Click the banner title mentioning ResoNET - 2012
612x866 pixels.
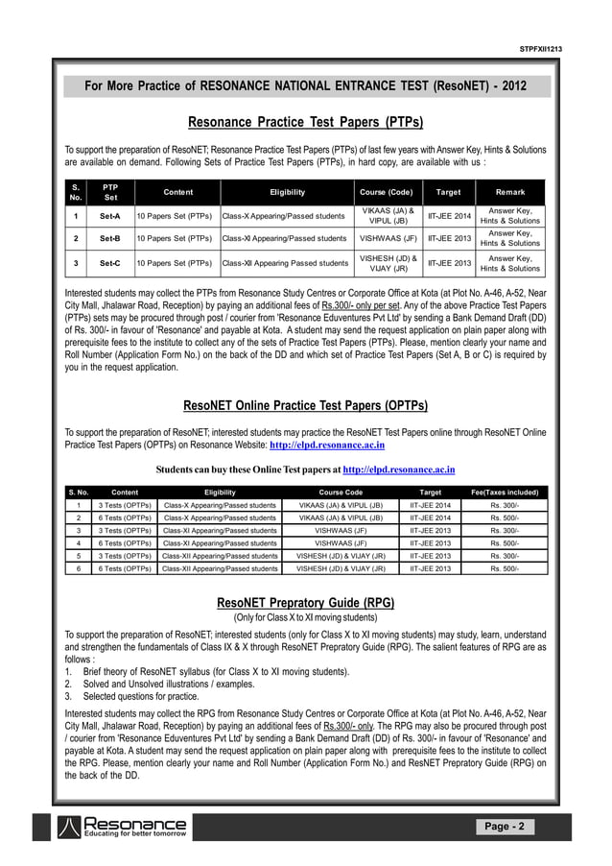305,86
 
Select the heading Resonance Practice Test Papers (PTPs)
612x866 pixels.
305,123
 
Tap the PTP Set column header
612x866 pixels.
110,192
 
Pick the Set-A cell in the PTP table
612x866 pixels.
110,216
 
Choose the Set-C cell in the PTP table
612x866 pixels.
110,262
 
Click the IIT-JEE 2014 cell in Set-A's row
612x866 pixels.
449,216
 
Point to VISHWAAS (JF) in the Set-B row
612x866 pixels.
388,239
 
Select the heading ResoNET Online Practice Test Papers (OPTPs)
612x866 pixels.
305,406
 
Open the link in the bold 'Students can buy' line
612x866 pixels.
398,470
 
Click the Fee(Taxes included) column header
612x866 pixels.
505,492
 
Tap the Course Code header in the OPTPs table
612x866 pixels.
341,492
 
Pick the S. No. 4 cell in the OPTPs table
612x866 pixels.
77,542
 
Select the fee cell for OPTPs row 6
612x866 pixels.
505,568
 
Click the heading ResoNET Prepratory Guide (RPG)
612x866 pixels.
305,603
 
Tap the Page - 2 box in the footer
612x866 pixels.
504,827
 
